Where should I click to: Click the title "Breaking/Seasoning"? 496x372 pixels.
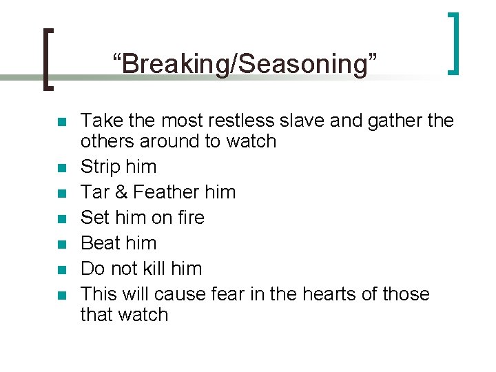click(x=246, y=64)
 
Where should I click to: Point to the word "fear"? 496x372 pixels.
click(x=228, y=294)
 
